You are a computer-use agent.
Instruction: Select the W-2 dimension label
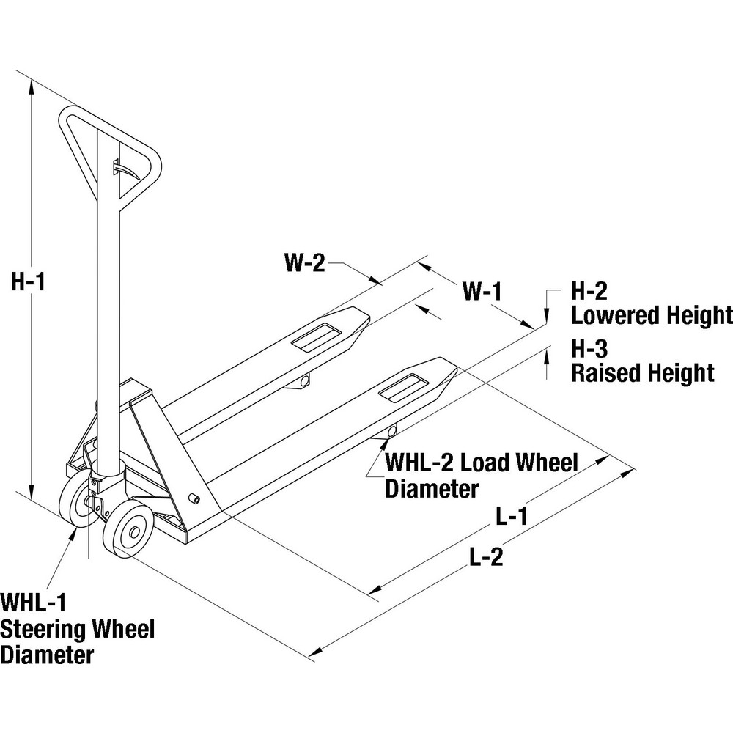pos(304,263)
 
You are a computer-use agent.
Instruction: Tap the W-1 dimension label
pos(482,292)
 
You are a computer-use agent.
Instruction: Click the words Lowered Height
pos(652,316)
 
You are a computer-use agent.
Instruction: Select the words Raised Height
pos(642,372)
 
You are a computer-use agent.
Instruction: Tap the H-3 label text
pos(590,347)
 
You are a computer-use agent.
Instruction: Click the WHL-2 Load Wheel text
pos(482,463)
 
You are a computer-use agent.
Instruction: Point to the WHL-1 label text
pos(33,603)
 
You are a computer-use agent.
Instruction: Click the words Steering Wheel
pos(77,629)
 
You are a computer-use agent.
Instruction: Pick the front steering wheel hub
pos(130,534)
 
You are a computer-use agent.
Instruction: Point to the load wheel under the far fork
pos(304,380)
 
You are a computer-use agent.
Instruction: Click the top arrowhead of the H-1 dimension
pos(31,86)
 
